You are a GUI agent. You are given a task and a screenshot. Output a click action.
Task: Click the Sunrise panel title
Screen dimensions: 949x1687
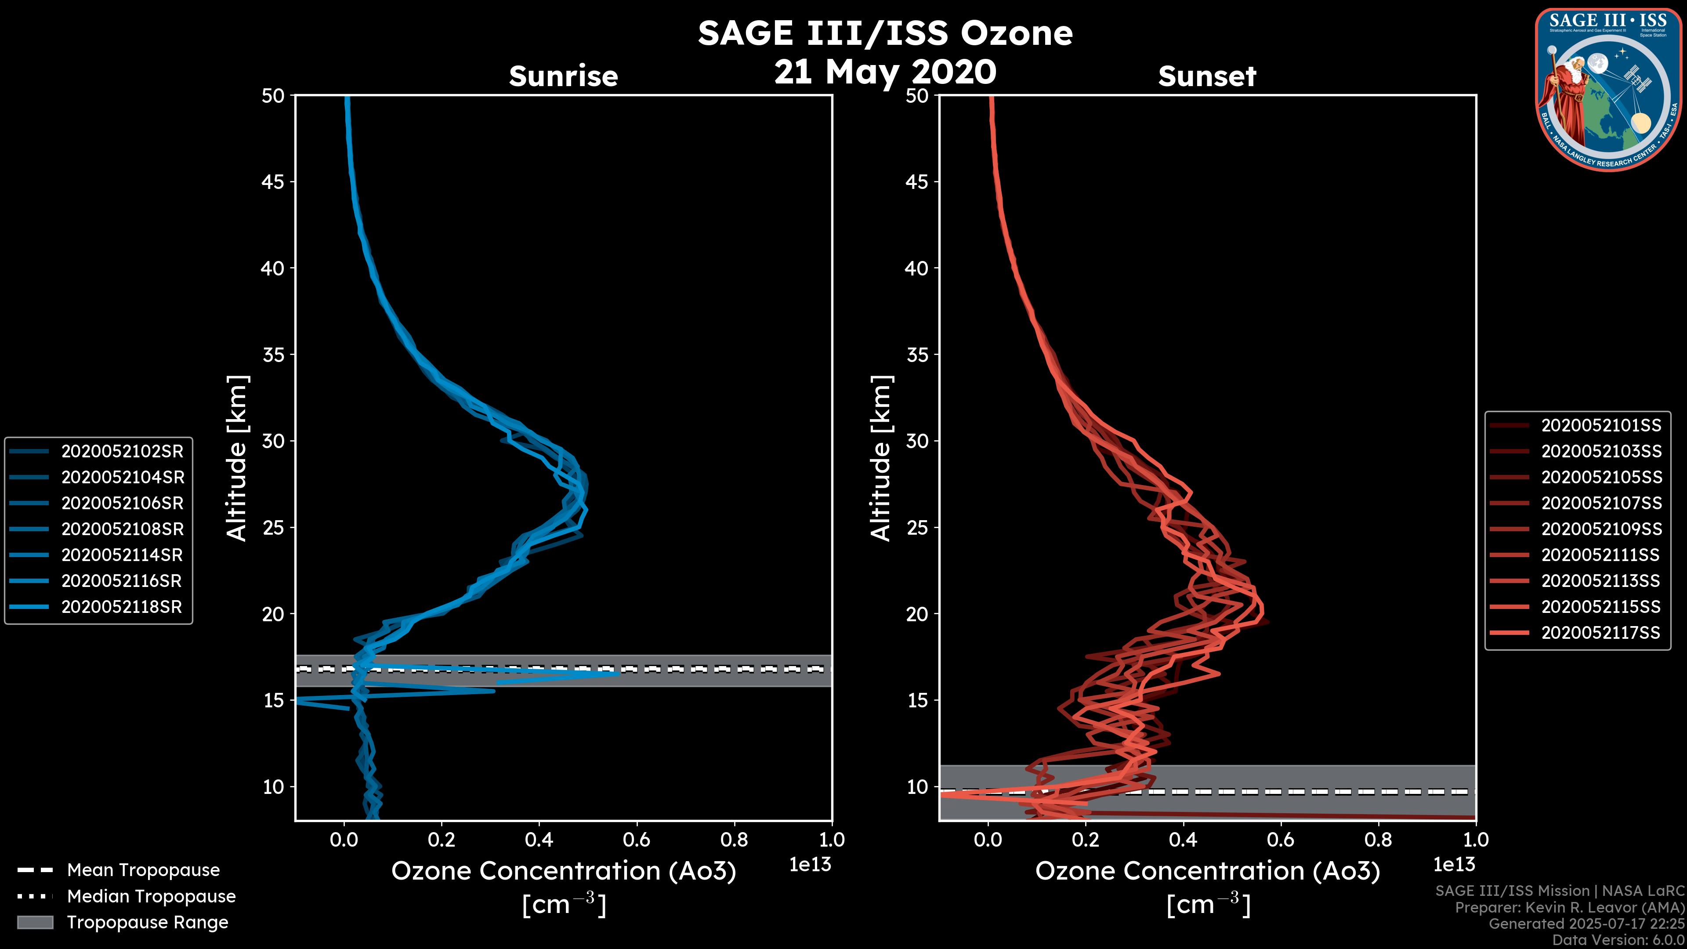click(x=563, y=76)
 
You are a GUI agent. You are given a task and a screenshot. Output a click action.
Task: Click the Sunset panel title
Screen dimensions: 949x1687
click(x=1207, y=76)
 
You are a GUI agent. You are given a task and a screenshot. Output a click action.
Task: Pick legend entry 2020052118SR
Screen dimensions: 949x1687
click(x=122, y=607)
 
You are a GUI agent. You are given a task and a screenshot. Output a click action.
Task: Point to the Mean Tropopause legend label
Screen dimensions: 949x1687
click(x=143, y=870)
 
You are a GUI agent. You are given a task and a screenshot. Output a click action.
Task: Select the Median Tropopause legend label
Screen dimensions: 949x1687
click(x=151, y=897)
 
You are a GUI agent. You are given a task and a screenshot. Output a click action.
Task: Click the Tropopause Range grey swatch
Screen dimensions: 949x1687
click(x=35, y=923)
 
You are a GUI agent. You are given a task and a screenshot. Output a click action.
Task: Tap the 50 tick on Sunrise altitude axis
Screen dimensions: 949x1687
click(x=273, y=96)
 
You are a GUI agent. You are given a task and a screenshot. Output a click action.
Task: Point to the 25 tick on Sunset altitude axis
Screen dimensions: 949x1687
click(x=917, y=527)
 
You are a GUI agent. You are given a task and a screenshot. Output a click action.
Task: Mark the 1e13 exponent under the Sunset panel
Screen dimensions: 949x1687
click(x=1454, y=865)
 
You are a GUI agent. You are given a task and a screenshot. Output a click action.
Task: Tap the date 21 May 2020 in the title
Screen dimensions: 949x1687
click(x=885, y=72)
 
